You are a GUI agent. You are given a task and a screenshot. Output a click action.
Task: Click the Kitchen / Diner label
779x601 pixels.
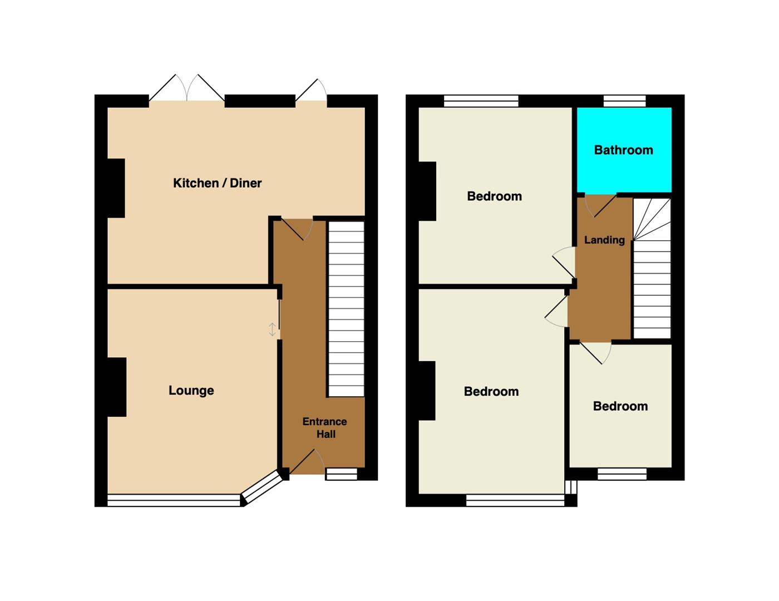(217, 183)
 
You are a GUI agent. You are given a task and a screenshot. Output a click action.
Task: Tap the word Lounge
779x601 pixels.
(191, 390)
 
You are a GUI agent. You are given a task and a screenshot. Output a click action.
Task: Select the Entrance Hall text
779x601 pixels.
(325, 427)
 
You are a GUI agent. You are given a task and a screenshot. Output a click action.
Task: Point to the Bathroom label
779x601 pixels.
(623, 150)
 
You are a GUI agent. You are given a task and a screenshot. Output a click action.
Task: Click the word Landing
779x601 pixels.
(604, 240)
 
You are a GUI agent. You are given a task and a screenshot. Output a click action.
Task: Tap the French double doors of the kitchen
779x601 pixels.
(187, 88)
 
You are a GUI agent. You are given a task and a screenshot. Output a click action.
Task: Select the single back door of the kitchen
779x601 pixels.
(311, 90)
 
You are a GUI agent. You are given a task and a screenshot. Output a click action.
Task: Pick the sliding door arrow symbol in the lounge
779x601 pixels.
(272, 329)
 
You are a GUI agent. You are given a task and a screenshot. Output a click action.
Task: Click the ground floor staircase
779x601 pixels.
(346, 309)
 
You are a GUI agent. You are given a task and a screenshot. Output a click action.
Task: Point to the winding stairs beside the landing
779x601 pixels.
(652, 268)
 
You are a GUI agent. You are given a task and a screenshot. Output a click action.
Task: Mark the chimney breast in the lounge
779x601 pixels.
(117, 387)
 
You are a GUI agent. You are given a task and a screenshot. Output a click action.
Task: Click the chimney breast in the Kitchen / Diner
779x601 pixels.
(116, 188)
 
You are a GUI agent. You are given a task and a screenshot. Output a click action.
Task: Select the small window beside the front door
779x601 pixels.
(342, 474)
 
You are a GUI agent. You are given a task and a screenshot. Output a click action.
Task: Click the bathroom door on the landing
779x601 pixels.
(601, 206)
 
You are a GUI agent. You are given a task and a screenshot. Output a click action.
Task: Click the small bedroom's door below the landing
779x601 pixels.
(595, 353)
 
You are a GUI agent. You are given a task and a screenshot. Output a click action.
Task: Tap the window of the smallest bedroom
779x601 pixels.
(622, 474)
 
